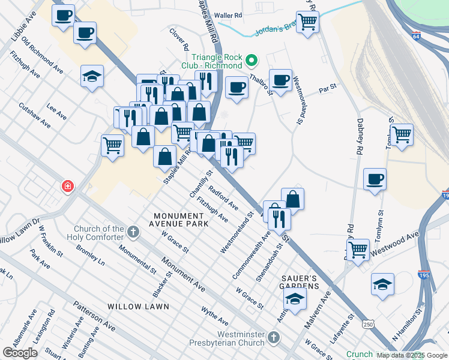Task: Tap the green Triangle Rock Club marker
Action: click(x=252, y=60)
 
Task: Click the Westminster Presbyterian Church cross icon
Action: click(x=274, y=337)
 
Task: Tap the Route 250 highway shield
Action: click(x=367, y=324)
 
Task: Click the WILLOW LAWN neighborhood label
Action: click(x=138, y=306)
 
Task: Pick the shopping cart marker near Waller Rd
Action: click(x=307, y=22)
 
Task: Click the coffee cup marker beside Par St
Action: click(x=280, y=79)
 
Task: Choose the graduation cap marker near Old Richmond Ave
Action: click(x=92, y=76)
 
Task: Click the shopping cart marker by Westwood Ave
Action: click(x=358, y=248)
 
